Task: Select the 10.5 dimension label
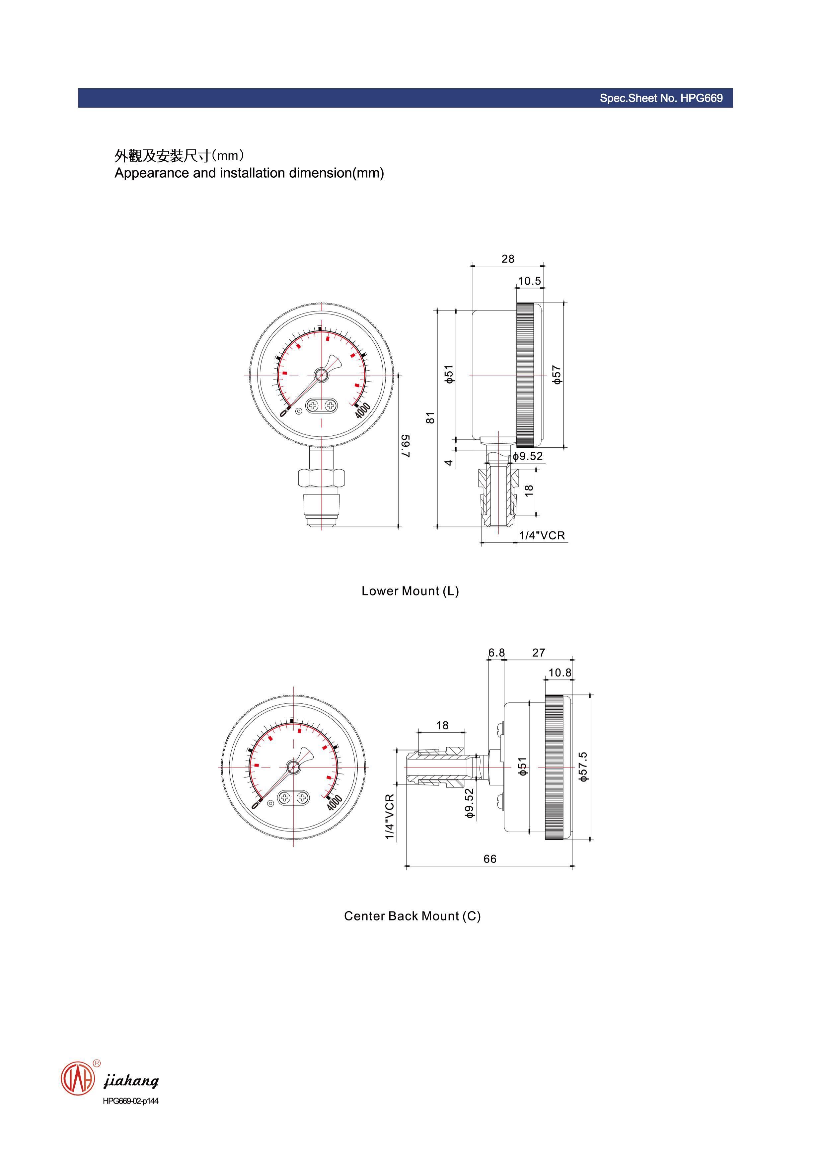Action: coord(529,281)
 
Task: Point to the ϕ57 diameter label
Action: coord(557,375)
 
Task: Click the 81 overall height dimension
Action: coord(430,417)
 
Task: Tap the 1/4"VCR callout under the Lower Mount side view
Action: coord(542,535)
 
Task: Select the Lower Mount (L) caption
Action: coord(410,591)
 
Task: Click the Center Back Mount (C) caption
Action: coord(412,916)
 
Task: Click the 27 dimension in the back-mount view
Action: coord(539,653)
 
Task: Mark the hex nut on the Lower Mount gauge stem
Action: coord(322,478)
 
